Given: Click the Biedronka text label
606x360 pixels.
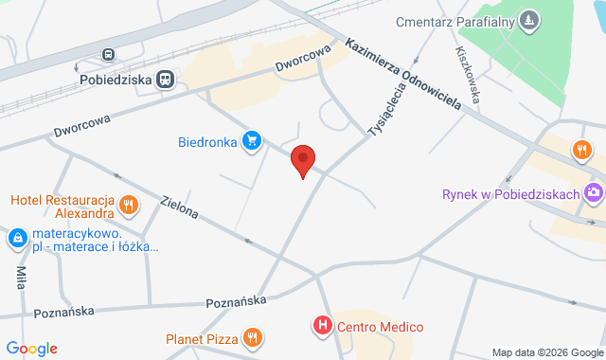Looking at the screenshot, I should click(x=206, y=144).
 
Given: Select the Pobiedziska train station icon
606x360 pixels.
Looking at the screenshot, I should click(x=167, y=81).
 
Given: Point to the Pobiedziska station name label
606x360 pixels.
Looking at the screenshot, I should click(x=117, y=81).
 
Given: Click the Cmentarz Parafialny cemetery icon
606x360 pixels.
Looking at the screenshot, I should click(x=528, y=19).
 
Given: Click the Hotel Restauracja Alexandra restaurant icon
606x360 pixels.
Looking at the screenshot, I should click(x=130, y=205).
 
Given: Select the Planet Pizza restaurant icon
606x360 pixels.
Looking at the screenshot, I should click(x=252, y=337).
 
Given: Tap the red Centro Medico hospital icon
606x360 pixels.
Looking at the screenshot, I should click(x=323, y=327).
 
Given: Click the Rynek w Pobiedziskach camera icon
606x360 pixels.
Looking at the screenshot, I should click(x=594, y=193).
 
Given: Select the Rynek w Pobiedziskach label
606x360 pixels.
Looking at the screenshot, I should click(x=510, y=194).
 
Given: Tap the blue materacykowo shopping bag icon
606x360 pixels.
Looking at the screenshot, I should click(x=17, y=239).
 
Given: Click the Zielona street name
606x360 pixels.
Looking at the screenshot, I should click(x=180, y=207).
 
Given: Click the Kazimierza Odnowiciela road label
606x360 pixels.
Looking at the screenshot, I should click(x=402, y=74).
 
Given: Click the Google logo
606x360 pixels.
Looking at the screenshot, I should click(x=31, y=349).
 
